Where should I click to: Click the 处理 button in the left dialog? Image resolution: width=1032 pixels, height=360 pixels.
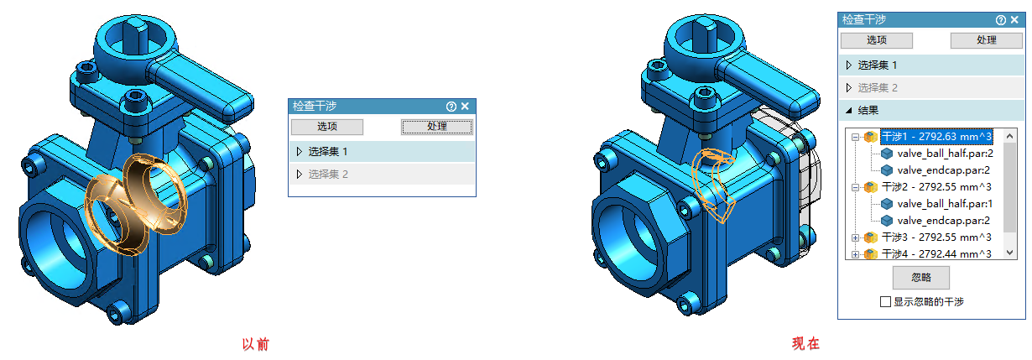(437, 127)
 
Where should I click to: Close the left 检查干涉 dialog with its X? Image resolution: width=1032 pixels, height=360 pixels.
(466, 107)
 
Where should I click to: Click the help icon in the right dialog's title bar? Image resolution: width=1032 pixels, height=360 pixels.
(1001, 20)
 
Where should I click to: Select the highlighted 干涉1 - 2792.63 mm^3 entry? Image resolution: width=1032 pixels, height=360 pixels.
(936, 137)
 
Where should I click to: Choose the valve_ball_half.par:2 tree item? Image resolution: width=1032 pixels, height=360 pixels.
(945, 154)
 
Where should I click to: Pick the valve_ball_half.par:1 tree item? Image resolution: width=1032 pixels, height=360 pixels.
(945, 204)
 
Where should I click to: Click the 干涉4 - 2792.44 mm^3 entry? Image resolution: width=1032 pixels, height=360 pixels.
(936, 254)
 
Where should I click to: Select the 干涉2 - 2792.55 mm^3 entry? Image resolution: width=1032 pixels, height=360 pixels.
(936, 187)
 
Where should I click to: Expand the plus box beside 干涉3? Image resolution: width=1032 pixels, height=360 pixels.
(855, 237)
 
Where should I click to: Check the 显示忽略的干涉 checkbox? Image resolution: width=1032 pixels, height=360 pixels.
(885, 302)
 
